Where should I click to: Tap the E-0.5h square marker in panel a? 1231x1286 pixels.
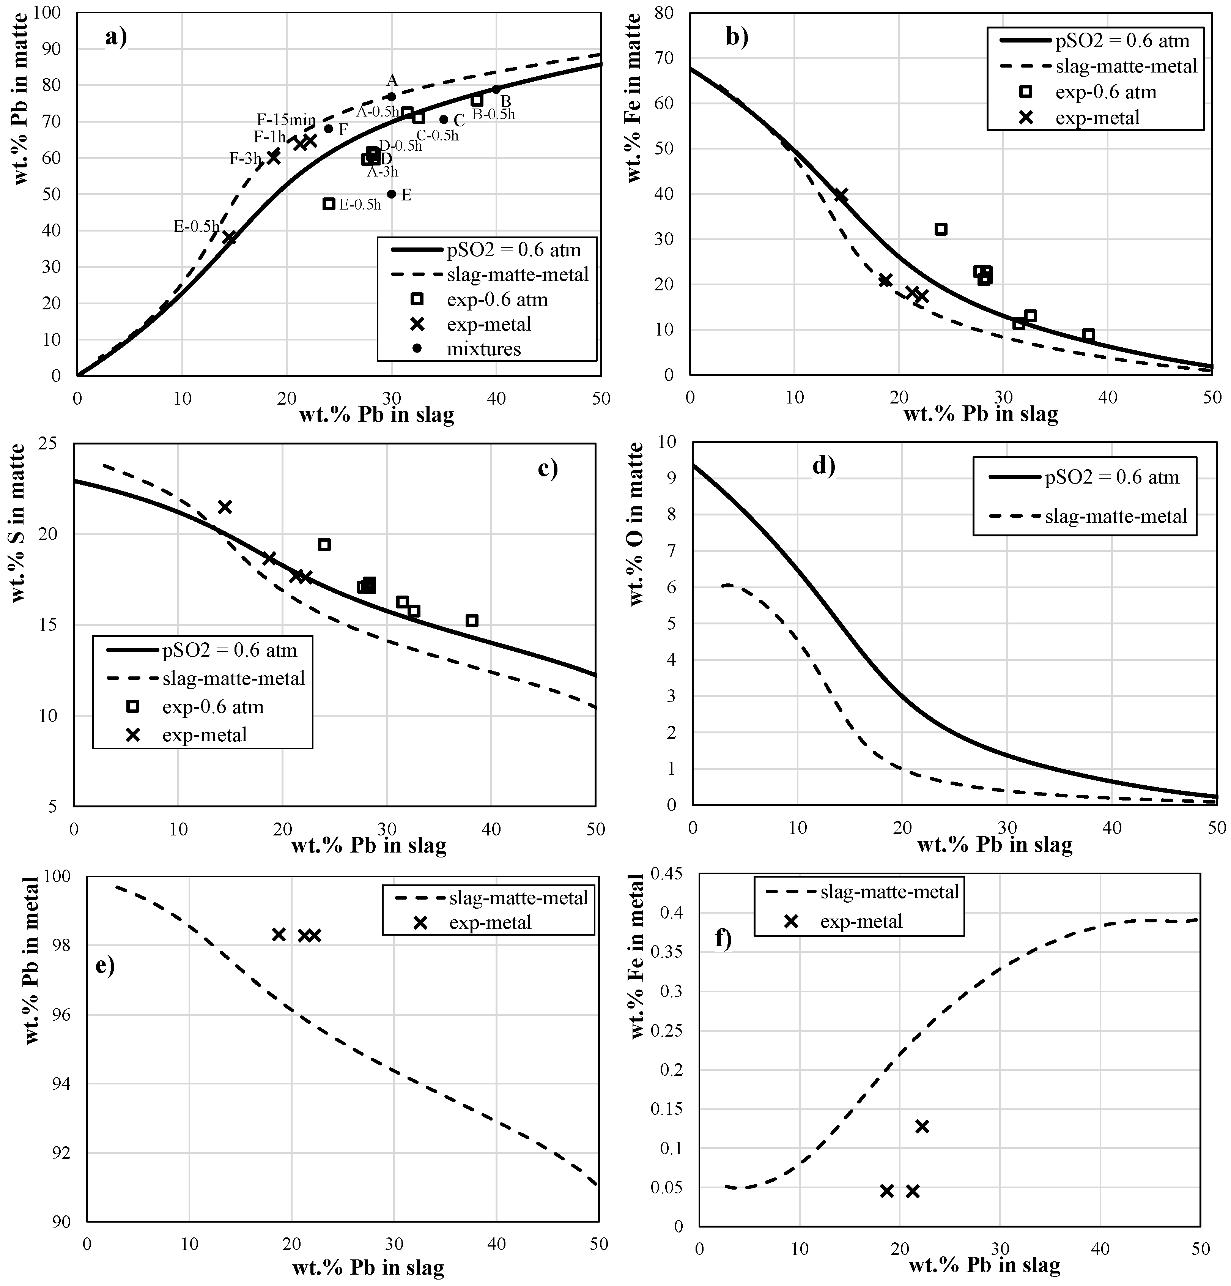pos(329,204)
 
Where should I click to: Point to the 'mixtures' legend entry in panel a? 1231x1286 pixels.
pos(483,348)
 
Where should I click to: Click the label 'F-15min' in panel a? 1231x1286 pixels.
pos(286,120)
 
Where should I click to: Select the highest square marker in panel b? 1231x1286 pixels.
pos(941,229)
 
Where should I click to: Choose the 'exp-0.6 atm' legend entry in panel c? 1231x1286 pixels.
pos(213,707)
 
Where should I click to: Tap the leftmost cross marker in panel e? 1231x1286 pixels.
pos(279,934)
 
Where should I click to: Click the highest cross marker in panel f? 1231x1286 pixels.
pos(922,1127)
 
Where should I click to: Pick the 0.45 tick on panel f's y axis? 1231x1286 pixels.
pos(666,873)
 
